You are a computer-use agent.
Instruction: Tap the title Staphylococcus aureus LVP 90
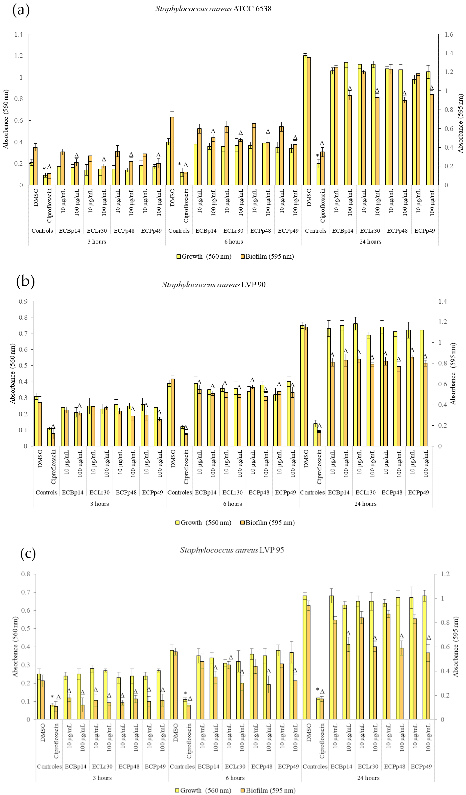[214, 285]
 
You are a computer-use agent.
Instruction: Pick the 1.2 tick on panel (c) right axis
[445, 574]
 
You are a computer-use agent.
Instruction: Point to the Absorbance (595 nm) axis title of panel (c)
[456, 647]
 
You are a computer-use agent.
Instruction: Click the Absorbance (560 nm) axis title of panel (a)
[6, 119]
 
